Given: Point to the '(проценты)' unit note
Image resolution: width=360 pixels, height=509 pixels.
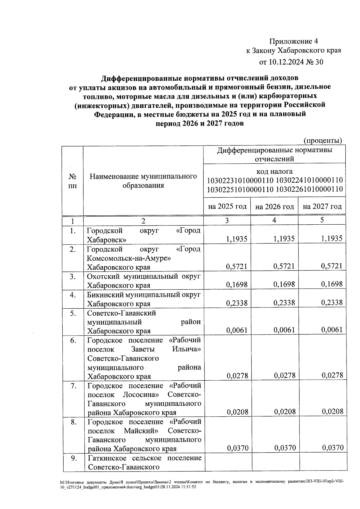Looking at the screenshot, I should (x=323, y=140).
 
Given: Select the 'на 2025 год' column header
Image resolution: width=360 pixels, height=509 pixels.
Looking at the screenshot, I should (x=227, y=206).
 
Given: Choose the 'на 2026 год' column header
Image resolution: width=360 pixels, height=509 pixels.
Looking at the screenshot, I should (x=274, y=207).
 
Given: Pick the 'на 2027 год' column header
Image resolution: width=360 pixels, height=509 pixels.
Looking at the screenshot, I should (x=322, y=206).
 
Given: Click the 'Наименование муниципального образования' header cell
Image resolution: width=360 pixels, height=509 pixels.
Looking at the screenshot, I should (x=143, y=181).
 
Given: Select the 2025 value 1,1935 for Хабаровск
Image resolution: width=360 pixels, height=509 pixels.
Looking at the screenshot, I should (x=237, y=239).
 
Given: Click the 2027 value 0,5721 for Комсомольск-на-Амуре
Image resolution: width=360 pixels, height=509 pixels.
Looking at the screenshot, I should (x=331, y=266).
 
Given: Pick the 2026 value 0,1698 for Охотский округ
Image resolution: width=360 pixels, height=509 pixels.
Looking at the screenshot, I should (x=284, y=284).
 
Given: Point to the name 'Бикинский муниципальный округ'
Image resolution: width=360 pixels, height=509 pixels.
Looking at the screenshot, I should (x=143, y=295).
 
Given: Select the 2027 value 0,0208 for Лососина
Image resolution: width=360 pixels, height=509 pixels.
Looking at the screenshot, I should (x=332, y=412).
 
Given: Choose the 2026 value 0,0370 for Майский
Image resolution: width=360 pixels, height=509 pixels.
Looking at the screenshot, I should (x=285, y=448).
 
